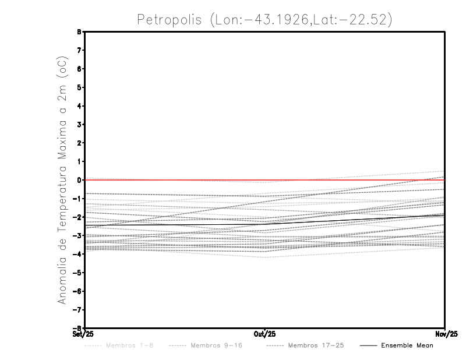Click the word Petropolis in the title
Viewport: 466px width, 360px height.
pyautogui.click(x=170, y=19)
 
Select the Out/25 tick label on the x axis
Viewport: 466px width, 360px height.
pyautogui.click(x=265, y=334)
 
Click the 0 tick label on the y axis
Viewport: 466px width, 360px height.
pyautogui.click(x=79, y=180)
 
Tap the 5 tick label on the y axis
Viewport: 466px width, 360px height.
pyautogui.click(x=79, y=87)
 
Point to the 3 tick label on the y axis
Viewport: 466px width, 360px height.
pyautogui.click(x=79, y=125)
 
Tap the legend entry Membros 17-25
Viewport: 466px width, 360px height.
pyautogui.click(x=315, y=345)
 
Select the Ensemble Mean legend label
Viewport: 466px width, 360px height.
pyautogui.click(x=407, y=345)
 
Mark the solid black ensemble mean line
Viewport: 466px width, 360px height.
pyautogui.click(x=175, y=222)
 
